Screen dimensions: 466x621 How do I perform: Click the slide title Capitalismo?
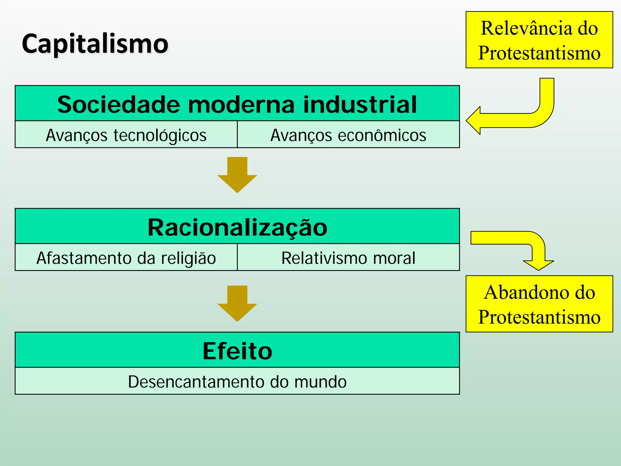[95, 44]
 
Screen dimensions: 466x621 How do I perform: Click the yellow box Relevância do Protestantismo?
[539, 40]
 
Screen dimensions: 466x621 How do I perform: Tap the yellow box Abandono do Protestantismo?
[539, 304]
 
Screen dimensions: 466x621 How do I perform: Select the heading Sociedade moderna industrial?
[237, 104]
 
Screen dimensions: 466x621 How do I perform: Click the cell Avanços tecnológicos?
[126, 135]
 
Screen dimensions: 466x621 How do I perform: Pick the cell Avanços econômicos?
[348, 135]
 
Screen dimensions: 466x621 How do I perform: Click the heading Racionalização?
[237, 227]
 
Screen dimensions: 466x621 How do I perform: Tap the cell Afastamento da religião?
[126, 258]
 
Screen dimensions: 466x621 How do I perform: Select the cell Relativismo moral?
[348, 258]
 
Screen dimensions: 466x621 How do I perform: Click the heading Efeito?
[237, 351]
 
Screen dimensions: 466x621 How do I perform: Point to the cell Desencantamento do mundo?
[237, 381]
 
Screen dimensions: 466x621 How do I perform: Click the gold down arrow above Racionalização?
[237, 175]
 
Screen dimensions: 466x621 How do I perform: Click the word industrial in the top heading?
[360, 104]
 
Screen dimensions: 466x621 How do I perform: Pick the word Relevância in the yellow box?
[526, 28]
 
